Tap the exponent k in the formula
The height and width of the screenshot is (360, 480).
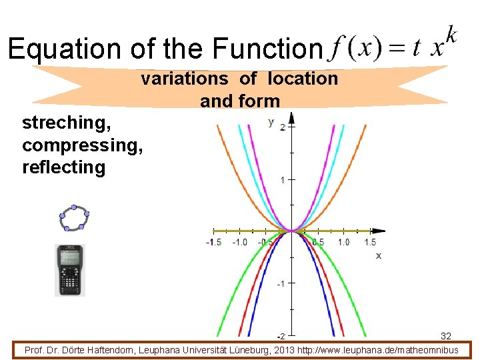pyautogui.click(x=451, y=34)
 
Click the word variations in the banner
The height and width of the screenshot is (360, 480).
pyautogui.click(x=184, y=79)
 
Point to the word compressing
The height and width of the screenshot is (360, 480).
pyautogui.click(x=82, y=145)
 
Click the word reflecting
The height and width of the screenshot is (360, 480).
pyautogui.click(x=63, y=167)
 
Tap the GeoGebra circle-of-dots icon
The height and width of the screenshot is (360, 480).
pyautogui.click(x=73, y=219)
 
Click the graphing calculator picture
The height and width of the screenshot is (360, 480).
pyautogui.click(x=69, y=270)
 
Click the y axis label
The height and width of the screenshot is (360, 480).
pyautogui.click(x=271, y=121)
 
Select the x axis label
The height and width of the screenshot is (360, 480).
pyautogui.click(x=379, y=255)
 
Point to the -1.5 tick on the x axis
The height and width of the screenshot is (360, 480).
pyautogui.click(x=213, y=242)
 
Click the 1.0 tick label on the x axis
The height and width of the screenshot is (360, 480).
pyautogui.click(x=344, y=242)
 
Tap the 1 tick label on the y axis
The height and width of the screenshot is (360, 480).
pyautogui.click(x=283, y=180)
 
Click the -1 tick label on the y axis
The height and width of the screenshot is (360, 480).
pyautogui.click(x=281, y=284)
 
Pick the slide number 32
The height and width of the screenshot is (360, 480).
pyautogui.click(x=446, y=336)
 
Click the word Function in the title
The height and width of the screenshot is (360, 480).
pyautogui.click(x=267, y=49)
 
